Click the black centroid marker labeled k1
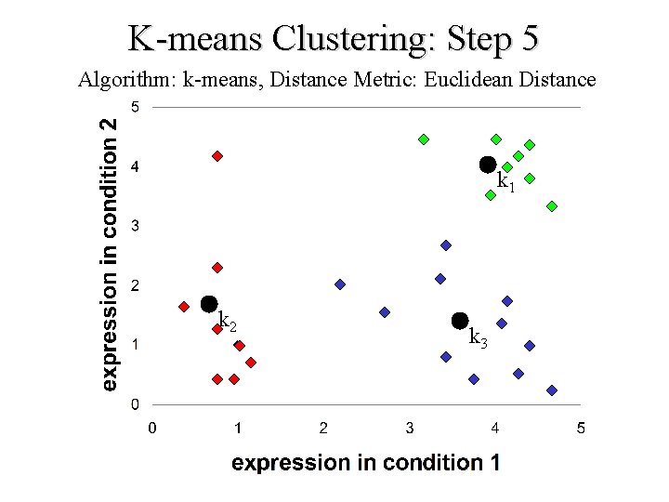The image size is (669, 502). click(488, 165)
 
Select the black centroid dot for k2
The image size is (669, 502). click(209, 304)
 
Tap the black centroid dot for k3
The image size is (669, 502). click(460, 321)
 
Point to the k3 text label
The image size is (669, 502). click(479, 337)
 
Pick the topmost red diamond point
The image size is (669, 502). click(217, 156)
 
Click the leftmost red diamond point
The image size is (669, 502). click(184, 307)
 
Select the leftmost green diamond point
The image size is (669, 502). click(424, 139)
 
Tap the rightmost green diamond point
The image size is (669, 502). click(552, 206)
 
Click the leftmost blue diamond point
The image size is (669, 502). click(340, 284)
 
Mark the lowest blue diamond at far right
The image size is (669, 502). click(552, 390)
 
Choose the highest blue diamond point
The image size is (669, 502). click(446, 245)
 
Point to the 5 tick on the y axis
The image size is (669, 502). click(135, 107)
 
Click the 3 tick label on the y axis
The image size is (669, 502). click(135, 226)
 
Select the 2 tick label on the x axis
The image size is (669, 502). click(323, 429)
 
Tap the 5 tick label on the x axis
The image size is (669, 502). click(581, 429)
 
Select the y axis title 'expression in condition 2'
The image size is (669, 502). click(110, 253)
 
